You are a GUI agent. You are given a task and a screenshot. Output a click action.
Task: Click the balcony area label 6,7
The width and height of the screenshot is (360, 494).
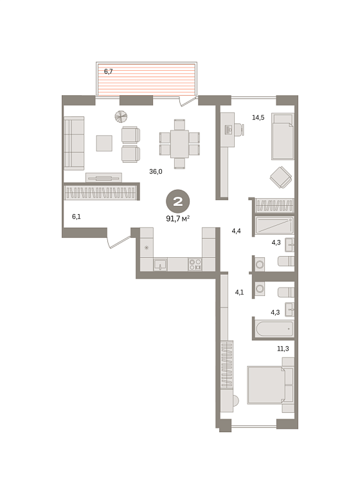pyautogui.click(x=109, y=71)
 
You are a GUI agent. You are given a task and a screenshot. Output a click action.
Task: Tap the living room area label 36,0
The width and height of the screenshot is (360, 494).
pyautogui.click(x=156, y=172)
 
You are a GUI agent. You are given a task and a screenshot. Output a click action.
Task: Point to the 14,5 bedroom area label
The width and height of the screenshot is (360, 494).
pyautogui.click(x=258, y=118)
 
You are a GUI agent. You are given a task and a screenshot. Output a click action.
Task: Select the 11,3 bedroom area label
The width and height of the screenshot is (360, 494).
pyautogui.click(x=283, y=349)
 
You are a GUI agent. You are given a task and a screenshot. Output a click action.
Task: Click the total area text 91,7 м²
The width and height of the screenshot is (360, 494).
pyautogui.click(x=177, y=218)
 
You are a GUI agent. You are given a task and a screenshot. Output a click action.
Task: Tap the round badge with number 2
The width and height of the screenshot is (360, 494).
pyautogui.click(x=178, y=201)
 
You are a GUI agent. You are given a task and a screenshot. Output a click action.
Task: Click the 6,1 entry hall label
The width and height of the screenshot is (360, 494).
pyautogui.click(x=76, y=216)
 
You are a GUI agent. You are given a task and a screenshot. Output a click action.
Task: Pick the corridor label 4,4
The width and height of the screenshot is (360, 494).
pyautogui.click(x=236, y=231)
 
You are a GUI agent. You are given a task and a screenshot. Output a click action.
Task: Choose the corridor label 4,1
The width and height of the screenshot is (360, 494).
pyautogui.click(x=239, y=292)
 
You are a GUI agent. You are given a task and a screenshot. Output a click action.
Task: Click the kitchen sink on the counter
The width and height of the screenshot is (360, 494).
pyautogui.click(x=160, y=264)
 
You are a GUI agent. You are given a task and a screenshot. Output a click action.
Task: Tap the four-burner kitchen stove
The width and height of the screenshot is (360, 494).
pyautogui.click(x=195, y=264)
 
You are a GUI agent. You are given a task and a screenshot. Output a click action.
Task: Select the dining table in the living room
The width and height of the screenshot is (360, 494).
pyautogui.click(x=179, y=143)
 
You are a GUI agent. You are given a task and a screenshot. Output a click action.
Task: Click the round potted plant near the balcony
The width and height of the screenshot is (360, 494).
pyautogui.click(x=121, y=116)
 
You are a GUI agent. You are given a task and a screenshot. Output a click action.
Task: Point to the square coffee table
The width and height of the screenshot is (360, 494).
pyautogui.click(x=104, y=143)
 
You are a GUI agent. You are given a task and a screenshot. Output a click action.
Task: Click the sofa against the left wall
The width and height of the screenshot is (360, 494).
pyautogui.click(x=74, y=143)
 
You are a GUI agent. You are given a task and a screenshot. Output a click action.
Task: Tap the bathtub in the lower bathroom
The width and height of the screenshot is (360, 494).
pyautogui.click(x=274, y=329)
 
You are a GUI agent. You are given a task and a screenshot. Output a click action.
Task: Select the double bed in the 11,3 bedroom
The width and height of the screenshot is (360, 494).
pyautogui.click(x=271, y=385)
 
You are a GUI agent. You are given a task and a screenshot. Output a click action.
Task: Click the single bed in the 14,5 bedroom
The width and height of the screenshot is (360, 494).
pyautogui.click(x=283, y=136)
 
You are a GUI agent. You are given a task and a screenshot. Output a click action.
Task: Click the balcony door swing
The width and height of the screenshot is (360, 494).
pyautogui.click(x=188, y=101)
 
